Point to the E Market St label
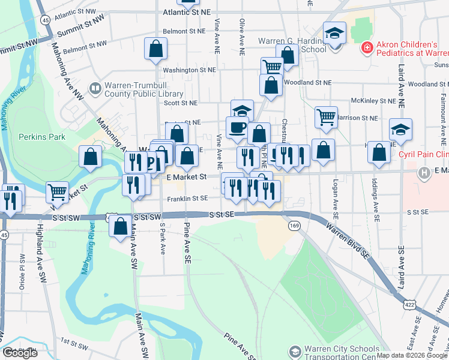(187, 177)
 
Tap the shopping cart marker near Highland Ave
(57, 192)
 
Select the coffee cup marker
(237, 127)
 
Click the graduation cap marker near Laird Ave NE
(400, 130)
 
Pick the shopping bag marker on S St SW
(120, 226)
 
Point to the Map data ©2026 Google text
(412, 355)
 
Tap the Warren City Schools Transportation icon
(295, 350)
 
